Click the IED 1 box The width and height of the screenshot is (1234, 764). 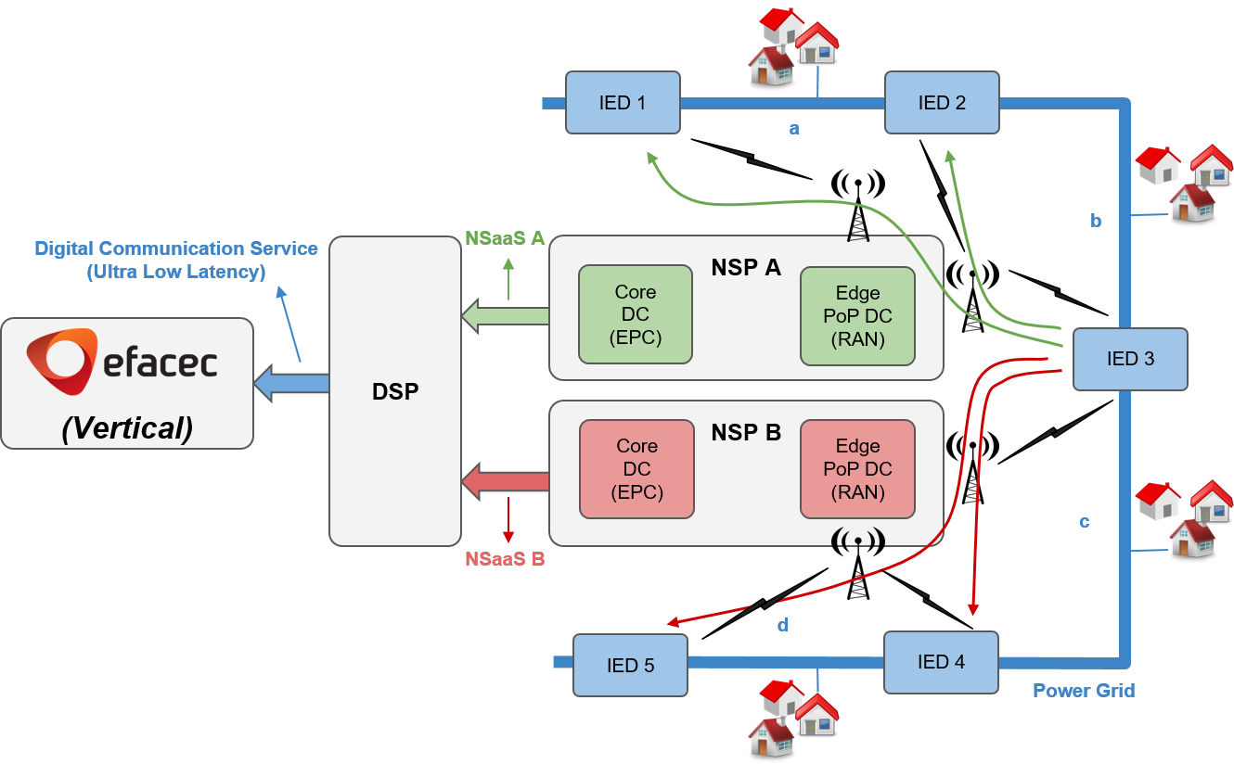pos(623,103)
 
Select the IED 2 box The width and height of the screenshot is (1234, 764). pos(942,103)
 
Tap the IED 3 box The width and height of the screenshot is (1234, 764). pos(1130,359)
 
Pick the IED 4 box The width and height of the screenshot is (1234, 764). pos(941,662)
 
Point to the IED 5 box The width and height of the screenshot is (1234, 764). pos(630,665)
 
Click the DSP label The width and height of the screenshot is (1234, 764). pos(395,391)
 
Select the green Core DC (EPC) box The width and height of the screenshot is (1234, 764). pos(636,314)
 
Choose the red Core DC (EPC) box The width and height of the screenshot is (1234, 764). pos(636,469)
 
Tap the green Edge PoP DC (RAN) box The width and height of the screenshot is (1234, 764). pos(857,316)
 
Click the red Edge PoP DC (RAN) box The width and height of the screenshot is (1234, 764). pos(857,469)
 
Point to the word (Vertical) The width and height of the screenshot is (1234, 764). pos(127,427)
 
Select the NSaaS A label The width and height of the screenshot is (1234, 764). pos(505,238)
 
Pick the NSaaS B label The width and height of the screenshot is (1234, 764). pos(505,559)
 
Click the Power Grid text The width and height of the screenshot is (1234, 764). pos(1083,691)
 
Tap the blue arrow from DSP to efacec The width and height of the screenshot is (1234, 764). pos(291,383)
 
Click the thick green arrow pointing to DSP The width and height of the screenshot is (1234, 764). pos(506,316)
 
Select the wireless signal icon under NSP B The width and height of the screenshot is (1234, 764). pos(857,539)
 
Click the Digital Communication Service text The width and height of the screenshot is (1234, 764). pos(176,248)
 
